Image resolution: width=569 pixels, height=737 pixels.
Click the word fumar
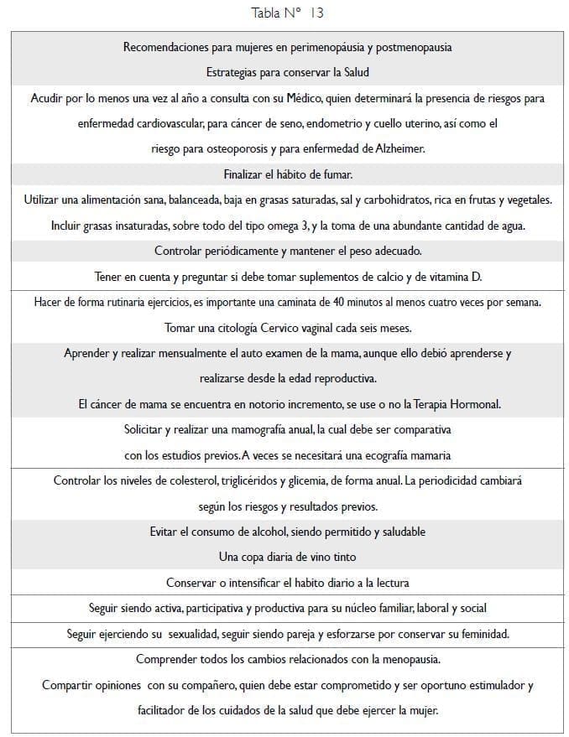pyautogui.click(x=333, y=174)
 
